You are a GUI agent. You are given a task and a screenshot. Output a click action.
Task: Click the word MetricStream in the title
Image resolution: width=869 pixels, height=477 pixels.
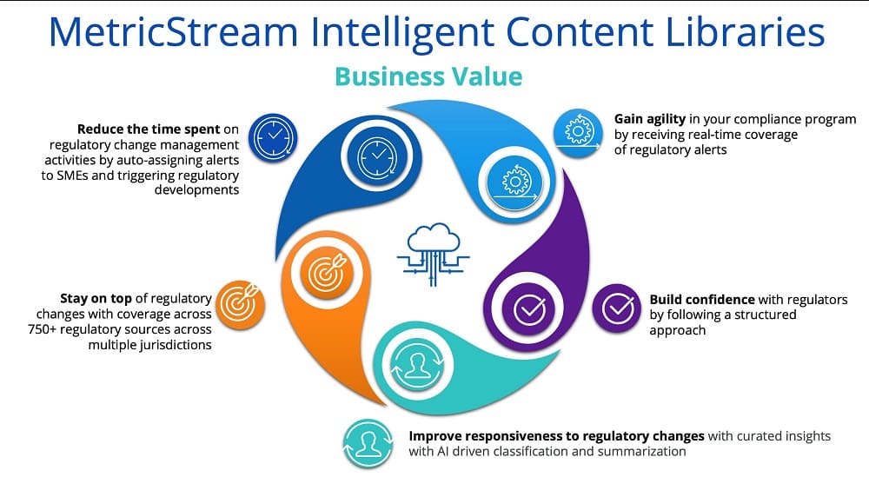[x=174, y=31]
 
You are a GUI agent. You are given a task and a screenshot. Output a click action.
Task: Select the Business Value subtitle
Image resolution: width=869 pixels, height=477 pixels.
[x=428, y=76]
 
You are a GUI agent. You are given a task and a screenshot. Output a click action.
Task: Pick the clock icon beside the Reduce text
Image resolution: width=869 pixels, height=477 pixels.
[x=273, y=138]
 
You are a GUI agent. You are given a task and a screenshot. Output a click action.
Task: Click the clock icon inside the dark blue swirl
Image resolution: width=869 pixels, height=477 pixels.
[x=377, y=156]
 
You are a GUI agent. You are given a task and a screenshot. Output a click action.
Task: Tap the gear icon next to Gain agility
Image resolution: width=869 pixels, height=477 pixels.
[x=578, y=133]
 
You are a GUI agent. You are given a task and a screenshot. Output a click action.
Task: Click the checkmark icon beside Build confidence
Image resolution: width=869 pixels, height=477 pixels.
[x=617, y=308]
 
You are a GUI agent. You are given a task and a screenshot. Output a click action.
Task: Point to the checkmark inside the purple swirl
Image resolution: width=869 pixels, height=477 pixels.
[x=529, y=309]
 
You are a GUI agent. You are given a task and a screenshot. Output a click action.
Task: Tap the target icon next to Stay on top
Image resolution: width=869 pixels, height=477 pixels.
[x=240, y=305]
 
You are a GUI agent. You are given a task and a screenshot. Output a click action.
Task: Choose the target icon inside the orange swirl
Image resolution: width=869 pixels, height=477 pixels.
[x=327, y=272]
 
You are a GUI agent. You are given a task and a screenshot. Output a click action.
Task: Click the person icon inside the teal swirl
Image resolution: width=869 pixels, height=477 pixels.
[x=417, y=365]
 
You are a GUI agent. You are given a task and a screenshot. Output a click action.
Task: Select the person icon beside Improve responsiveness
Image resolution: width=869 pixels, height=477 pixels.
[x=368, y=443]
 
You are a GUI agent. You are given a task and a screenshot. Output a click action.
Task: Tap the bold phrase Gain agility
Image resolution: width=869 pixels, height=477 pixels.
[x=650, y=119]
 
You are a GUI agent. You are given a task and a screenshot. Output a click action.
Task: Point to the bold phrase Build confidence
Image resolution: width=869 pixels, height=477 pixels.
[x=702, y=300]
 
